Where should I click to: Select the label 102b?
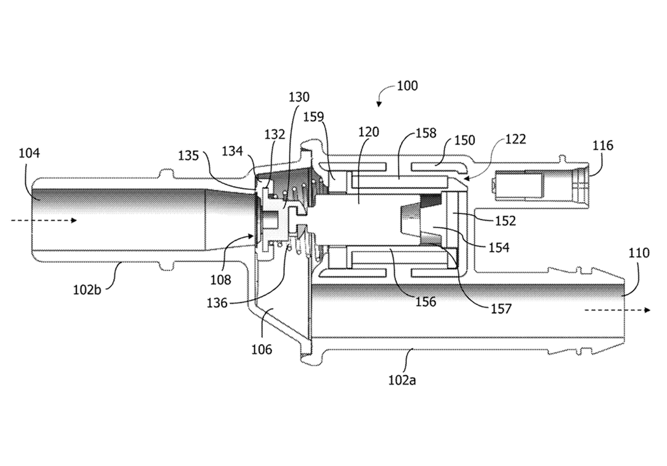click(x=87, y=290)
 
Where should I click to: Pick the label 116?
click(x=603, y=146)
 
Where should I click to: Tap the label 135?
click(x=188, y=156)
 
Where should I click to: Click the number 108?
click(x=221, y=280)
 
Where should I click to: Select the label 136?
click(x=217, y=303)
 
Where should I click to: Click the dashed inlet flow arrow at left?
click(x=44, y=221)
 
